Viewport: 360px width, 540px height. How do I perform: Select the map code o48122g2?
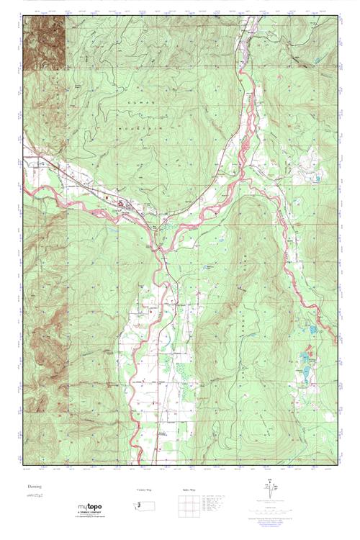[35, 497]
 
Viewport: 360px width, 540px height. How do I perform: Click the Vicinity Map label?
[145, 490]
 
